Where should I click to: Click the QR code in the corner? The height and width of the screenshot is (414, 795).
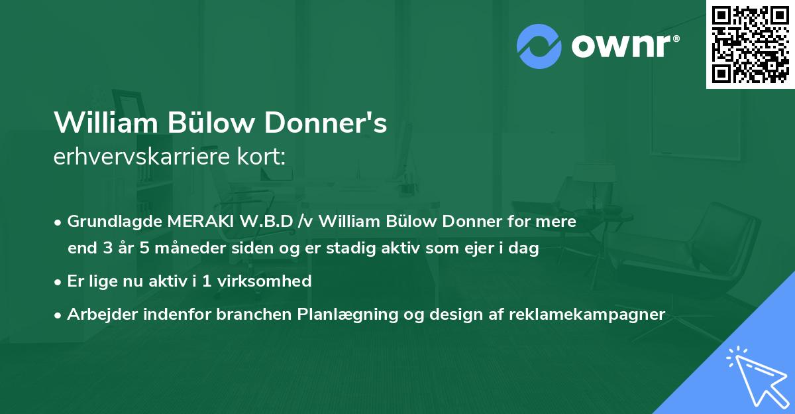[x=751, y=44]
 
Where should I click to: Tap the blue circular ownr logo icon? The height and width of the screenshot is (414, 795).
[x=539, y=46]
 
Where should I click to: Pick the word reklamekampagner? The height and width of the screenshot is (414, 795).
[x=587, y=314]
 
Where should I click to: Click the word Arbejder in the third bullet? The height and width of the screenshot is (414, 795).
[x=96, y=314]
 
